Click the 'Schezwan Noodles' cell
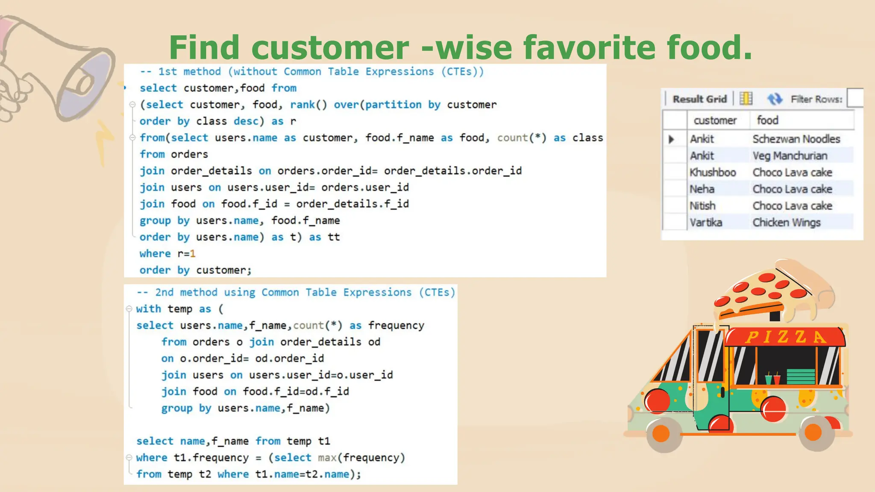796,139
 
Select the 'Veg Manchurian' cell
790,155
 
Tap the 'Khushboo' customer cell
712,172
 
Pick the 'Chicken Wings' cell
786,223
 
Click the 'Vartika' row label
705,223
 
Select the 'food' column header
767,120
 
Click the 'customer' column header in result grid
715,120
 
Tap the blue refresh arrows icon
775,99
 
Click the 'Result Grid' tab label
699,99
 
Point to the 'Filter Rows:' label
816,99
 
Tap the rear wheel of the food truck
813,432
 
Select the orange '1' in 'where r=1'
193,254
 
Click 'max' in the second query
327,458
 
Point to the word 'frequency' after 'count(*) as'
396,325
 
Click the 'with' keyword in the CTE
148,309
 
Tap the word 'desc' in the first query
246,121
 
